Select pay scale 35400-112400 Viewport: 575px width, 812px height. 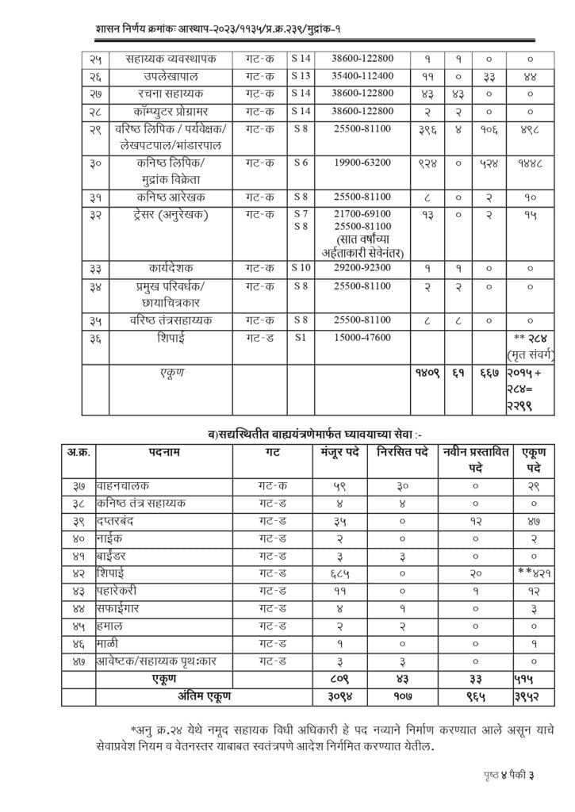[362, 76]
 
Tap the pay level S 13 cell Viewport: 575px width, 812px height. [301, 76]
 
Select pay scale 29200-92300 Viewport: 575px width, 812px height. [362, 269]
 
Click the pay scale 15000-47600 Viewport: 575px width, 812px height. [362, 338]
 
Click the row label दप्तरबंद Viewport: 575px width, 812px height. [119, 520]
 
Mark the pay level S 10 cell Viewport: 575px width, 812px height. [301, 269]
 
